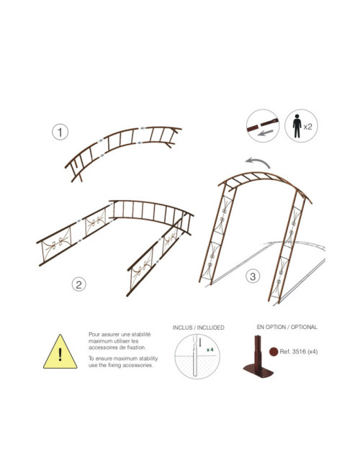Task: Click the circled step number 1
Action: click(60, 132)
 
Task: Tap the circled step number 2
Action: click(78, 284)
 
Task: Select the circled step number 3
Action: click(253, 276)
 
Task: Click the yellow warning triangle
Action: click(60, 352)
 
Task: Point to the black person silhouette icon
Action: click(297, 126)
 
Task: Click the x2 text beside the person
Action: click(307, 127)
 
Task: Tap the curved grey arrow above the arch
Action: click(258, 162)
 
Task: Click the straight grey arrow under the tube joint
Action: click(266, 132)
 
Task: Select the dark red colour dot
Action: click(274, 351)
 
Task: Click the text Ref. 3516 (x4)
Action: click(299, 351)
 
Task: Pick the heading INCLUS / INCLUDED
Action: click(198, 328)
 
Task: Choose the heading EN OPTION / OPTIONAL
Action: click(287, 327)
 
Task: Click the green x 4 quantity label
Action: click(210, 349)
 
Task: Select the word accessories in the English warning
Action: click(138, 365)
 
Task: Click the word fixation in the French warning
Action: click(136, 348)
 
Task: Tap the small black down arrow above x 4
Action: click(200, 342)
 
